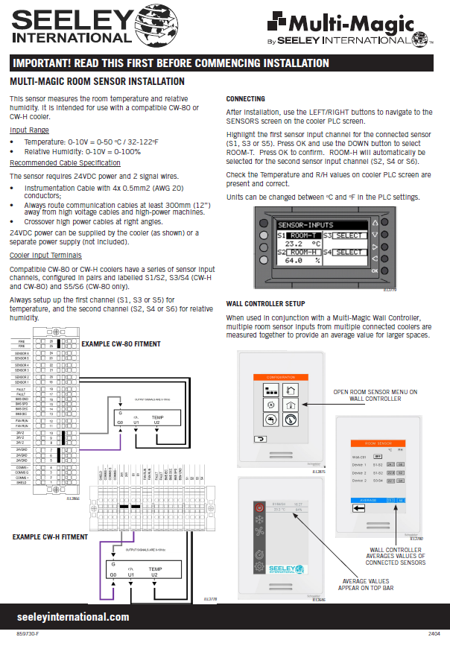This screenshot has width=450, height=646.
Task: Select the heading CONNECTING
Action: click(x=245, y=99)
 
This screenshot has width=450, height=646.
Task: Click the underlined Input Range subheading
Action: click(x=29, y=130)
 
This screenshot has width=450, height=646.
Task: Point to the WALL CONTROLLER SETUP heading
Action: click(x=265, y=304)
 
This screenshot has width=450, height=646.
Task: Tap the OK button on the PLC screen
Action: click(x=373, y=270)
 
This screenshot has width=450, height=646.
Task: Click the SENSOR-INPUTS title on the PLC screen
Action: click(x=305, y=224)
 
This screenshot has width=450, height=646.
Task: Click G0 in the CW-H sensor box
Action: click(x=113, y=576)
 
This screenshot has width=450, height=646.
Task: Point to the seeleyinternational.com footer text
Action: click(x=73, y=617)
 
